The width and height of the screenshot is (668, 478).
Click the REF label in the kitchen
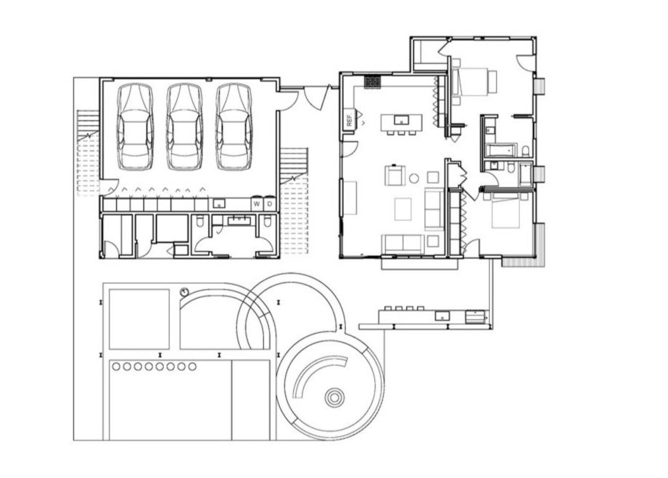[350, 120]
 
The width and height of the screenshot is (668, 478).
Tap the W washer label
[257, 204]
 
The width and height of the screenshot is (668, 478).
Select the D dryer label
[269, 204]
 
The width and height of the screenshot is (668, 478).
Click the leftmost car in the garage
[135, 127]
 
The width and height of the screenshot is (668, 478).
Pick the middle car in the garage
[184, 127]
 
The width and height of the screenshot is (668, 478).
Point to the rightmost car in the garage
[234, 127]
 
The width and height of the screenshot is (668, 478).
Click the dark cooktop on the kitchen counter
[372, 82]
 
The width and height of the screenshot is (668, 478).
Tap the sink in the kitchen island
[401, 120]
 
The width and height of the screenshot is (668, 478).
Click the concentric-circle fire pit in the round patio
[334, 397]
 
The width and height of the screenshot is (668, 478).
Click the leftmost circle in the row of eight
[116, 367]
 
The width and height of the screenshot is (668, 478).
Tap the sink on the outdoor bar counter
[442, 315]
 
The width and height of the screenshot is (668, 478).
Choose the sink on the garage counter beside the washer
[219, 203]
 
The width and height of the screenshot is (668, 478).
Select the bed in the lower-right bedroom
[506, 210]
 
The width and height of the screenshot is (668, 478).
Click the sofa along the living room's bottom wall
[403, 244]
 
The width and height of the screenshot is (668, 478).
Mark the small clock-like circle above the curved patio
[184, 292]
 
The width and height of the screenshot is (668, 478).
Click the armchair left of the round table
[395, 175]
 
